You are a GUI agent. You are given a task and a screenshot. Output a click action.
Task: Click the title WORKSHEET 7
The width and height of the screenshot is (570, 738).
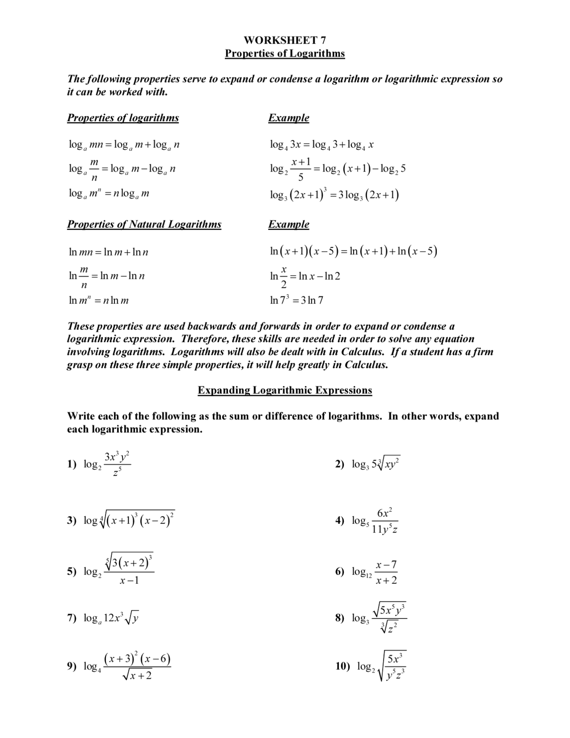pos(285,40)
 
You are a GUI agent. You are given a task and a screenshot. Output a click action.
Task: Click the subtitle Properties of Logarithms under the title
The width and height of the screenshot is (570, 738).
pos(285,53)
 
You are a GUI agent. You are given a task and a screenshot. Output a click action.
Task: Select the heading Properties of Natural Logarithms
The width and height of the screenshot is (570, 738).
pos(144,224)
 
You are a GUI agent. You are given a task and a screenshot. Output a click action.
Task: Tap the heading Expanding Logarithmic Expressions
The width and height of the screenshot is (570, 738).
pos(285,390)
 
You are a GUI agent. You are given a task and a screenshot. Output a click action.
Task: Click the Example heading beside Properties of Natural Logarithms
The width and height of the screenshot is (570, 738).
pos(289,224)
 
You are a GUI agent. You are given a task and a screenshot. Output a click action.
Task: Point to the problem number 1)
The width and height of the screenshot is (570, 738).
pos(72,464)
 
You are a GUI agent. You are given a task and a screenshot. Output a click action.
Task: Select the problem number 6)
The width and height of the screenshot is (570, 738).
pos(340,571)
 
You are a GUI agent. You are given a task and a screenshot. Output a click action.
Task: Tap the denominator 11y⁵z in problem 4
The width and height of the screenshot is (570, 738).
pos(385,530)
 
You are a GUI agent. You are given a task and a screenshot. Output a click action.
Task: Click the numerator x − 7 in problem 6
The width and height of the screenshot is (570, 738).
pos(386,565)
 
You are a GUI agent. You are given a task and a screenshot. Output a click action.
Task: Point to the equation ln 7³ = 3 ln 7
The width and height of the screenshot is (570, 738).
pos(297,300)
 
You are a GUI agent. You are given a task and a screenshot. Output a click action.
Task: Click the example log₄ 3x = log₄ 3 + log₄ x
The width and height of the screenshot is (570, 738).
pos(322,144)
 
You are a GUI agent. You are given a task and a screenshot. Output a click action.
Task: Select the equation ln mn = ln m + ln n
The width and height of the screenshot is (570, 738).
pos(108,252)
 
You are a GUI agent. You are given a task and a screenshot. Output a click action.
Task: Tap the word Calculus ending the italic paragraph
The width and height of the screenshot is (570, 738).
pos(366,365)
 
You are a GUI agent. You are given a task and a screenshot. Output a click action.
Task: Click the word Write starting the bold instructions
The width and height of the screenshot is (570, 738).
pos(81,416)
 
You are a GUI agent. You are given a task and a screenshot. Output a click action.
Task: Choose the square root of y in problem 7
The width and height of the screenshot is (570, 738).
pos(132,619)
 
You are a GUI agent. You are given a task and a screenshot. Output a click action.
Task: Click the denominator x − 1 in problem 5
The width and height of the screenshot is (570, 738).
pos(129,581)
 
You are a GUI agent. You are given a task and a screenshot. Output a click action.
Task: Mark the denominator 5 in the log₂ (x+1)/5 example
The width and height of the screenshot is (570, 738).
pos(301,178)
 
